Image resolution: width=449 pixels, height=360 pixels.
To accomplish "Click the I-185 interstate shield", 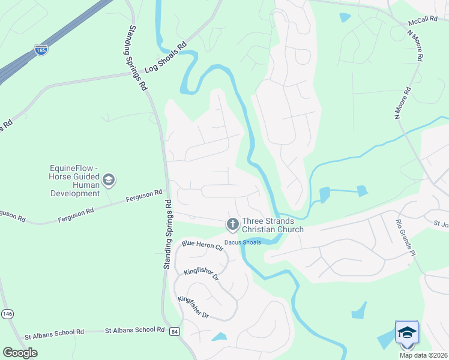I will coord(41,50).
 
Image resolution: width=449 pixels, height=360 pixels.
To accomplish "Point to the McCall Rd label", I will coord(422,20).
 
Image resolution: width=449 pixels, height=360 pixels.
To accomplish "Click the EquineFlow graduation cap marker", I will coord(109,179).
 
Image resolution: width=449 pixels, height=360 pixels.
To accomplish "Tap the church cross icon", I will coord(232,224).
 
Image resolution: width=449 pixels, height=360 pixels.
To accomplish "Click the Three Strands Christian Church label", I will coord(273,225).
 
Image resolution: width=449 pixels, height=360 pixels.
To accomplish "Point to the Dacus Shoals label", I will coord(243,242).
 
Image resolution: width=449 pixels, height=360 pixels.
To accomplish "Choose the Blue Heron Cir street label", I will coord(202,246).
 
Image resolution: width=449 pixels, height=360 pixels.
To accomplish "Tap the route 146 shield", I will coord(7,314).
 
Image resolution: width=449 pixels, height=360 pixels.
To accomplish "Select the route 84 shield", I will coord(175,331).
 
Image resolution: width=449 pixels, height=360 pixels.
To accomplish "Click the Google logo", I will coord(20,353).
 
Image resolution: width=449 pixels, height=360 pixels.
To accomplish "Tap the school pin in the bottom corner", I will coord(407,334).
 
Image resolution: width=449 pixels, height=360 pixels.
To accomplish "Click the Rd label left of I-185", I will coord(6,127).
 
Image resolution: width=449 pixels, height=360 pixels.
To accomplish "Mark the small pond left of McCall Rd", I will coord(345,17).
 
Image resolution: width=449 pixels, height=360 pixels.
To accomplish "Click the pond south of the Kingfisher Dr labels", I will coord(220,337).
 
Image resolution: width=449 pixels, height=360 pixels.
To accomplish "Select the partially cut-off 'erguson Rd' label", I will coord(13,215).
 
